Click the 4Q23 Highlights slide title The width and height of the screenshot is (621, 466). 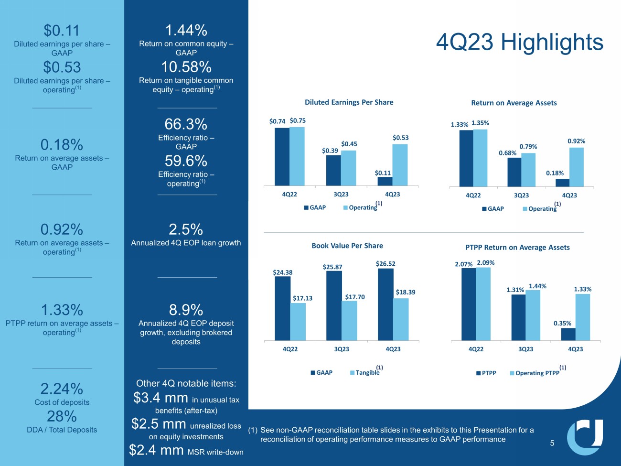pyautogui.click(x=519, y=43)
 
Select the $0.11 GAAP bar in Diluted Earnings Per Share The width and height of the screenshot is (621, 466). pyautogui.click(x=385, y=181)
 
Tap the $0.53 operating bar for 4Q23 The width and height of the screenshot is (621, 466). pyautogui.click(x=400, y=165)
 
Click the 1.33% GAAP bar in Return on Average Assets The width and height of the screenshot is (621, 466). pyautogui.click(x=466, y=158)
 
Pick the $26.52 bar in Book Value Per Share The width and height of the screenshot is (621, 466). pyautogui.click(x=385, y=304)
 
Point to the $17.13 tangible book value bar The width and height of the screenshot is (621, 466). pyautogui.click(x=298, y=322)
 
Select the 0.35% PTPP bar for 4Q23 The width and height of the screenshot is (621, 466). pyautogui.click(x=568, y=334)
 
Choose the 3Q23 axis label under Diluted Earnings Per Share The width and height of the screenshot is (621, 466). pyautogui.click(x=341, y=195)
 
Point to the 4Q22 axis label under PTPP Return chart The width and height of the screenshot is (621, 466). pyautogui.click(x=476, y=349)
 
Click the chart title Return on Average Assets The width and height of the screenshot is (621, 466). pyautogui.click(x=514, y=103)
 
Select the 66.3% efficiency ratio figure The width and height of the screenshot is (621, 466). pyautogui.click(x=186, y=124)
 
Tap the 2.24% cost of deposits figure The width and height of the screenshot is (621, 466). pyautogui.click(x=62, y=389)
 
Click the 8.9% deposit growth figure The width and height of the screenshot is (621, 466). pyautogui.click(x=186, y=310)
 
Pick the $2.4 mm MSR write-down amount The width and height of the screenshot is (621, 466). pyautogui.click(x=156, y=450)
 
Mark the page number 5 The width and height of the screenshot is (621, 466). pyautogui.click(x=552, y=443)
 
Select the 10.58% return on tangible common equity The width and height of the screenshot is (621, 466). pyautogui.click(x=186, y=67)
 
